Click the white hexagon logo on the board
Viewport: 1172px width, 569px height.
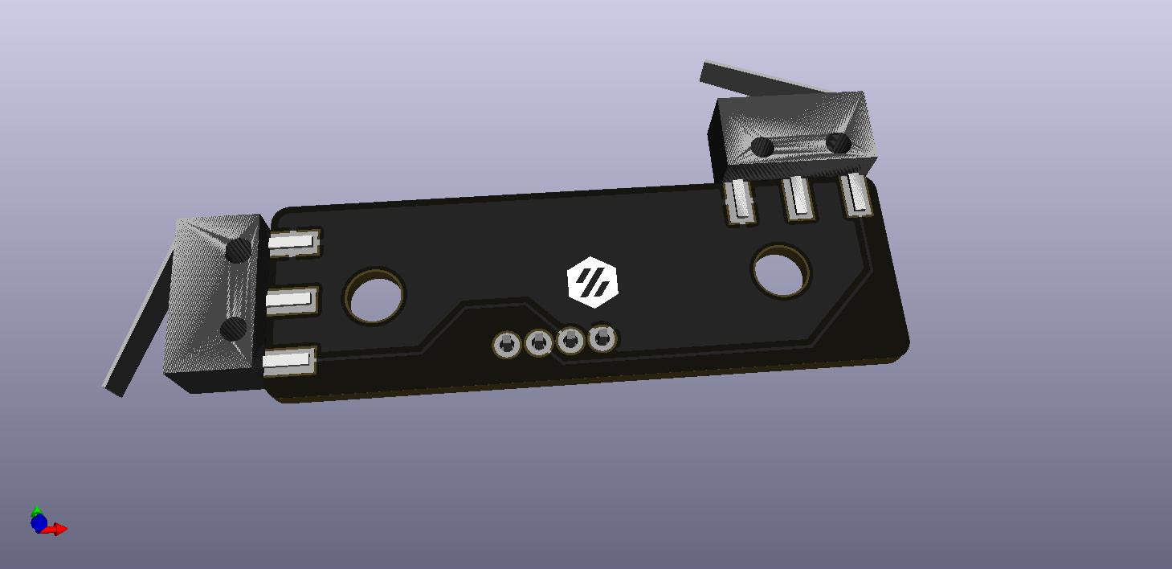[593, 282]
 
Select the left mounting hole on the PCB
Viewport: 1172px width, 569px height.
[374, 296]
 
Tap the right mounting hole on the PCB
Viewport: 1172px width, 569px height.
[782, 271]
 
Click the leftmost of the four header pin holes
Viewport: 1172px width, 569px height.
[507, 346]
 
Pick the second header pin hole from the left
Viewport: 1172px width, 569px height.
[539, 344]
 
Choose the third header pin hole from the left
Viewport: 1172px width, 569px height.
[570, 341]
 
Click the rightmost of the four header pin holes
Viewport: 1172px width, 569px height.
[602, 338]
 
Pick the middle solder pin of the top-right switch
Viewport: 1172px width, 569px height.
[798, 197]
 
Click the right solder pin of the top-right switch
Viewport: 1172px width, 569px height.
[856, 195]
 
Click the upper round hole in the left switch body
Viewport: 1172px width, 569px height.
[238, 251]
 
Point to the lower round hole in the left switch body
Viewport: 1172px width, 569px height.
[233, 328]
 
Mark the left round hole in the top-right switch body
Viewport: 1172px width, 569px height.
[762, 147]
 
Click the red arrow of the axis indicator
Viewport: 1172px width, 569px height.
[58, 529]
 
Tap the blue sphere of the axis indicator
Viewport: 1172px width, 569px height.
[38, 523]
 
